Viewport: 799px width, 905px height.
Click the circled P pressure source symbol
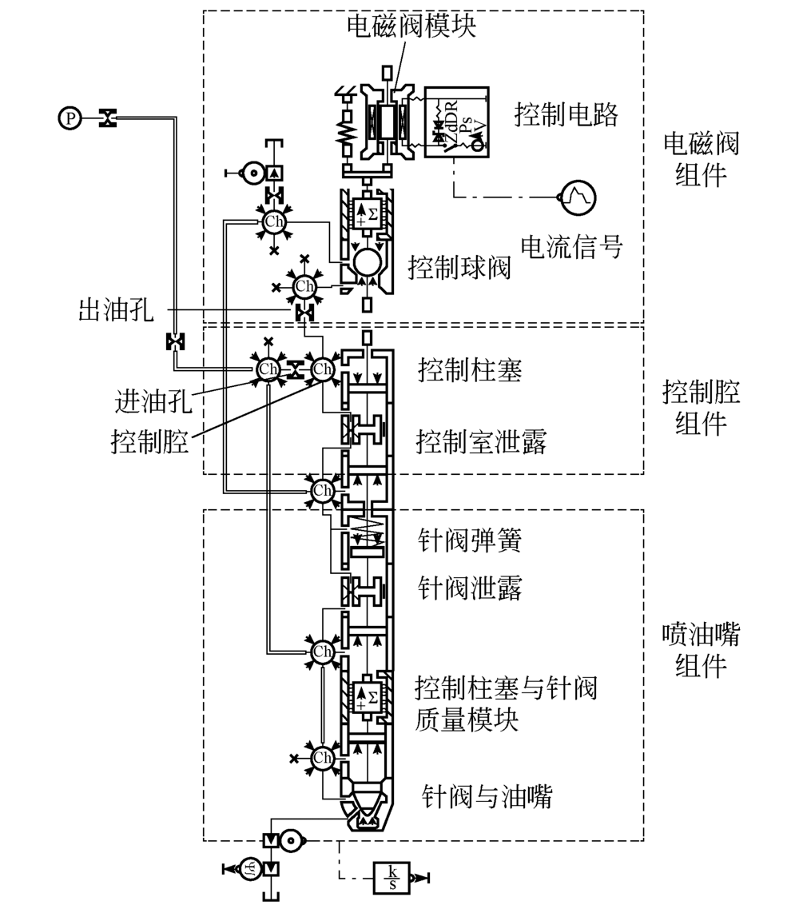(x=71, y=119)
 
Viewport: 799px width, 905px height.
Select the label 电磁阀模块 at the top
(x=411, y=27)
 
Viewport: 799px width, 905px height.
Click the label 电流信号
(x=570, y=246)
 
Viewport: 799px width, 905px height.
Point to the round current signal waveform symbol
(x=578, y=196)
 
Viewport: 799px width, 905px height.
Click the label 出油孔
(x=116, y=310)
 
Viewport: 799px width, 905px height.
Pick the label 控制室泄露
(x=481, y=441)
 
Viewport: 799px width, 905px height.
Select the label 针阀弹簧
(x=470, y=542)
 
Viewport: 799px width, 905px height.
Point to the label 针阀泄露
(x=470, y=589)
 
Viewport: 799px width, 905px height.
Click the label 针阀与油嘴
(x=487, y=796)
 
